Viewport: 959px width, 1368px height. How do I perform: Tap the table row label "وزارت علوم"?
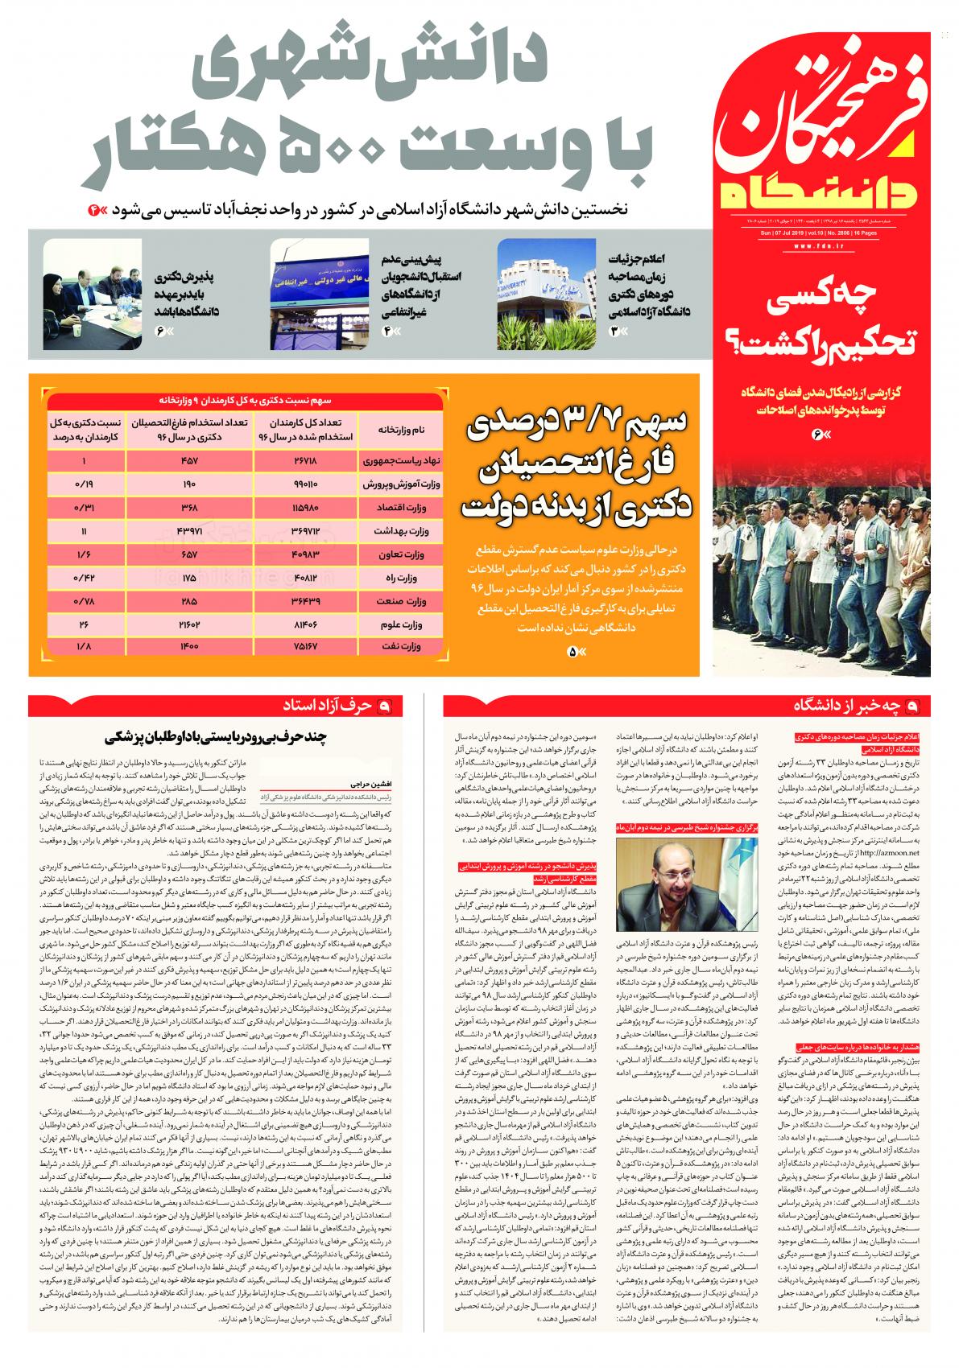[402, 625]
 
